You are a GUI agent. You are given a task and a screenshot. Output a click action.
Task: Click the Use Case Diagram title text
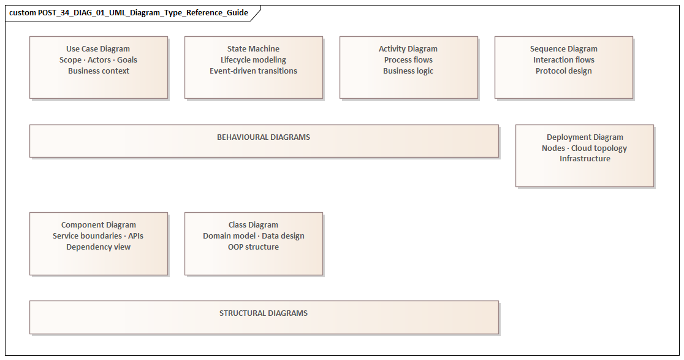pyautogui.click(x=98, y=49)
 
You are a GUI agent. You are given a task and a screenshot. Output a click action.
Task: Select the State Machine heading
pyautogui.click(x=253, y=49)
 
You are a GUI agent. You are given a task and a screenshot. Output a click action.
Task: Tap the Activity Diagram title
pyautogui.click(x=408, y=49)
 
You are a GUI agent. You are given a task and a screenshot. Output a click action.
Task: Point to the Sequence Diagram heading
pyautogui.click(x=563, y=49)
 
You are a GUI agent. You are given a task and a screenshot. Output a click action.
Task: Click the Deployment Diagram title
pyautogui.click(x=585, y=137)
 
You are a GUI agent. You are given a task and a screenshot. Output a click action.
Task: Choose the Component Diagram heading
pyautogui.click(x=98, y=225)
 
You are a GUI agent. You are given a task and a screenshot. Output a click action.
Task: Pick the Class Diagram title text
pyautogui.click(x=253, y=225)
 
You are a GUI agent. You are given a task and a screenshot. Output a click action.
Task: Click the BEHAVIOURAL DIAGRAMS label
pyautogui.click(x=264, y=137)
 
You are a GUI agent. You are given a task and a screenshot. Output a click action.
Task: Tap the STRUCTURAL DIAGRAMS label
pyautogui.click(x=264, y=313)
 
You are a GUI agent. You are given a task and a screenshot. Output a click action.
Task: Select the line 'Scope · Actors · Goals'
pyautogui.click(x=98, y=60)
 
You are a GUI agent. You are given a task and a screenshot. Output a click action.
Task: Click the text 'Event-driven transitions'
pyautogui.click(x=253, y=71)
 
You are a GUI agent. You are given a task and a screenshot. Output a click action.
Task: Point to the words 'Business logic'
pyautogui.click(x=408, y=71)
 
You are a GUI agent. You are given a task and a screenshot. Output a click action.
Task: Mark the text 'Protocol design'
pyautogui.click(x=563, y=71)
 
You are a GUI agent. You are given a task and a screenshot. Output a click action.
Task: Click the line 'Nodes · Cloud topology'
pyautogui.click(x=585, y=148)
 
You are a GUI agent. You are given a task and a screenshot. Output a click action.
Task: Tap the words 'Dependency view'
pyautogui.click(x=98, y=247)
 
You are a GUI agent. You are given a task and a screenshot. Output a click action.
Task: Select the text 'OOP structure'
pyautogui.click(x=253, y=247)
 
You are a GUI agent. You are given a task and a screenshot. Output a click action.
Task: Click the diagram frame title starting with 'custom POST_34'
pyautogui.click(x=129, y=13)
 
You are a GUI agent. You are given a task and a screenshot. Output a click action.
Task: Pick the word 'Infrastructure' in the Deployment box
pyautogui.click(x=585, y=159)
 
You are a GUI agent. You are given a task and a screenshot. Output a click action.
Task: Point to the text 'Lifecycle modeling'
pyautogui.click(x=253, y=60)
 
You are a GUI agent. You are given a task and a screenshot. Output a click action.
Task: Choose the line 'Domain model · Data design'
pyautogui.click(x=253, y=236)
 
